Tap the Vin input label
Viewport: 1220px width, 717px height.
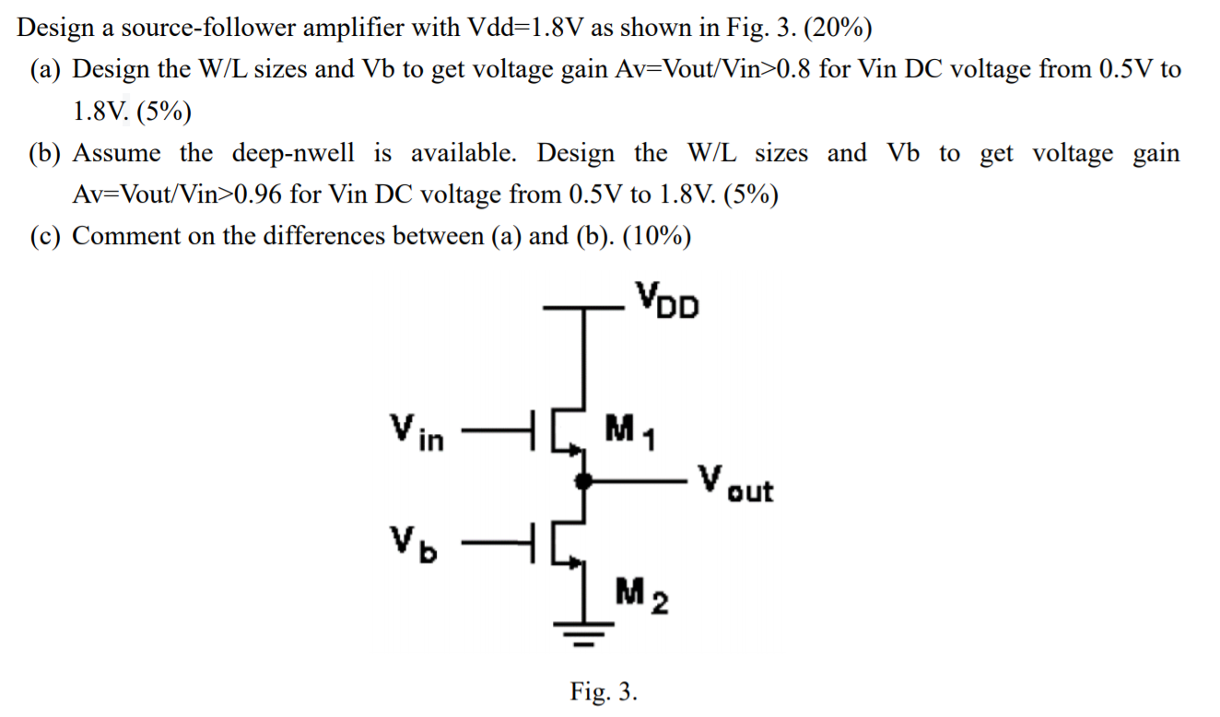tap(416, 430)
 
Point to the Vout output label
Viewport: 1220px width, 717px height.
tap(734, 483)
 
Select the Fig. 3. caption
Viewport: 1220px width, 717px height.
tap(604, 690)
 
